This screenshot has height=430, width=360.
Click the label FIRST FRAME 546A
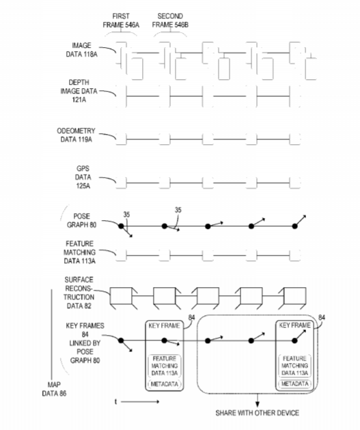(121, 21)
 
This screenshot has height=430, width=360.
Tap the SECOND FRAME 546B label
(170, 21)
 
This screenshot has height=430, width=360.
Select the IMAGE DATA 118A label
(82, 50)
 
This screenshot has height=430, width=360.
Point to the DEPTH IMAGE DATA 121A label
(79, 91)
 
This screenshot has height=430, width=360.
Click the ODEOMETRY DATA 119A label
(76, 135)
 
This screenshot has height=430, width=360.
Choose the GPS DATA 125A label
(83, 177)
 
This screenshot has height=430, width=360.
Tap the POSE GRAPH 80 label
(82, 221)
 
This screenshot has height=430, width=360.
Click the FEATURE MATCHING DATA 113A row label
(79, 252)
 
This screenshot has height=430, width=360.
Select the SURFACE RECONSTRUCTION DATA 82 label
(79, 293)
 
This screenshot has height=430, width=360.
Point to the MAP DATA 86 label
(54, 389)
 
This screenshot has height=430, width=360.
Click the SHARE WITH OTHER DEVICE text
(258, 413)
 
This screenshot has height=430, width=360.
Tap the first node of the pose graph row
(121, 226)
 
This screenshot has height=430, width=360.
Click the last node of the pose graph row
(294, 226)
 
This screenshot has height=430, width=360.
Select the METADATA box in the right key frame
(295, 384)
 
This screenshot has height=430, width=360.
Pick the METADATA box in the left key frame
(165, 384)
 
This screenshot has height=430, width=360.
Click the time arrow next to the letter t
(140, 402)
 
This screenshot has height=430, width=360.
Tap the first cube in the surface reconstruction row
(122, 298)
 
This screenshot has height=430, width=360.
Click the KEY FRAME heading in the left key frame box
(164, 325)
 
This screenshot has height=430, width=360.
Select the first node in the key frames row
(121, 340)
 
